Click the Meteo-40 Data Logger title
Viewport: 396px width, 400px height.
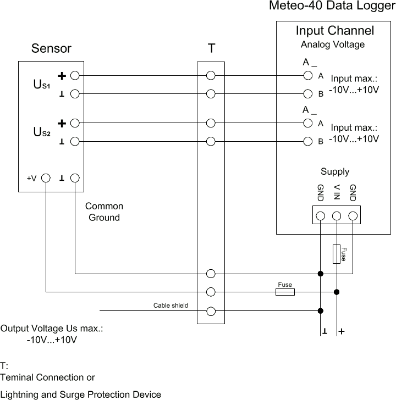pyautogui.click(x=332, y=6)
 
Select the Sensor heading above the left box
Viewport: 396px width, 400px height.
pyautogui.click(x=51, y=48)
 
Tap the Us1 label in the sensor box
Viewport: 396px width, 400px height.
pyautogui.click(x=42, y=85)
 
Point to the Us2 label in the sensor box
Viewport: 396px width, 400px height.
pyautogui.click(x=42, y=132)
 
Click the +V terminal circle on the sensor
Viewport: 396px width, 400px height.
pyautogui.click(x=46, y=179)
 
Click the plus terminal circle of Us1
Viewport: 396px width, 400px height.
pyautogui.click(x=75, y=75)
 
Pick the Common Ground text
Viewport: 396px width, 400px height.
pyautogui.click(x=104, y=212)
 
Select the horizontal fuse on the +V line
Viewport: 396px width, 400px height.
pyautogui.click(x=285, y=292)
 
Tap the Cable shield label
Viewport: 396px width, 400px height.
pyautogui.click(x=170, y=305)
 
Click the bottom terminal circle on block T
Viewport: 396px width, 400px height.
pyautogui.click(x=211, y=312)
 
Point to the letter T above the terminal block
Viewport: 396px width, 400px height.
pyautogui.click(x=211, y=48)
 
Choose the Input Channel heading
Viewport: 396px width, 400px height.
pyautogui.click(x=334, y=30)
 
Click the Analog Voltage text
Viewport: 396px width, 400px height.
pyautogui.click(x=332, y=45)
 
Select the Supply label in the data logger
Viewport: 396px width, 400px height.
pyautogui.click(x=335, y=171)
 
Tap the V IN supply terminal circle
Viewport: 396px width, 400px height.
pyautogui.click(x=337, y=215)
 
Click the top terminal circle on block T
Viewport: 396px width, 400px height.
pyautogui.click(x=211, y=75)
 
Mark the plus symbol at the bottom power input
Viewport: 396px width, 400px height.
pyautogui.click(x=342, y=332)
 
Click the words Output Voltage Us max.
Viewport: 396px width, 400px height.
pyautogui.click(x=52, y=329)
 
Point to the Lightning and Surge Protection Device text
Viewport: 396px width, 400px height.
pyautogui.click(x=81, y=395)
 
